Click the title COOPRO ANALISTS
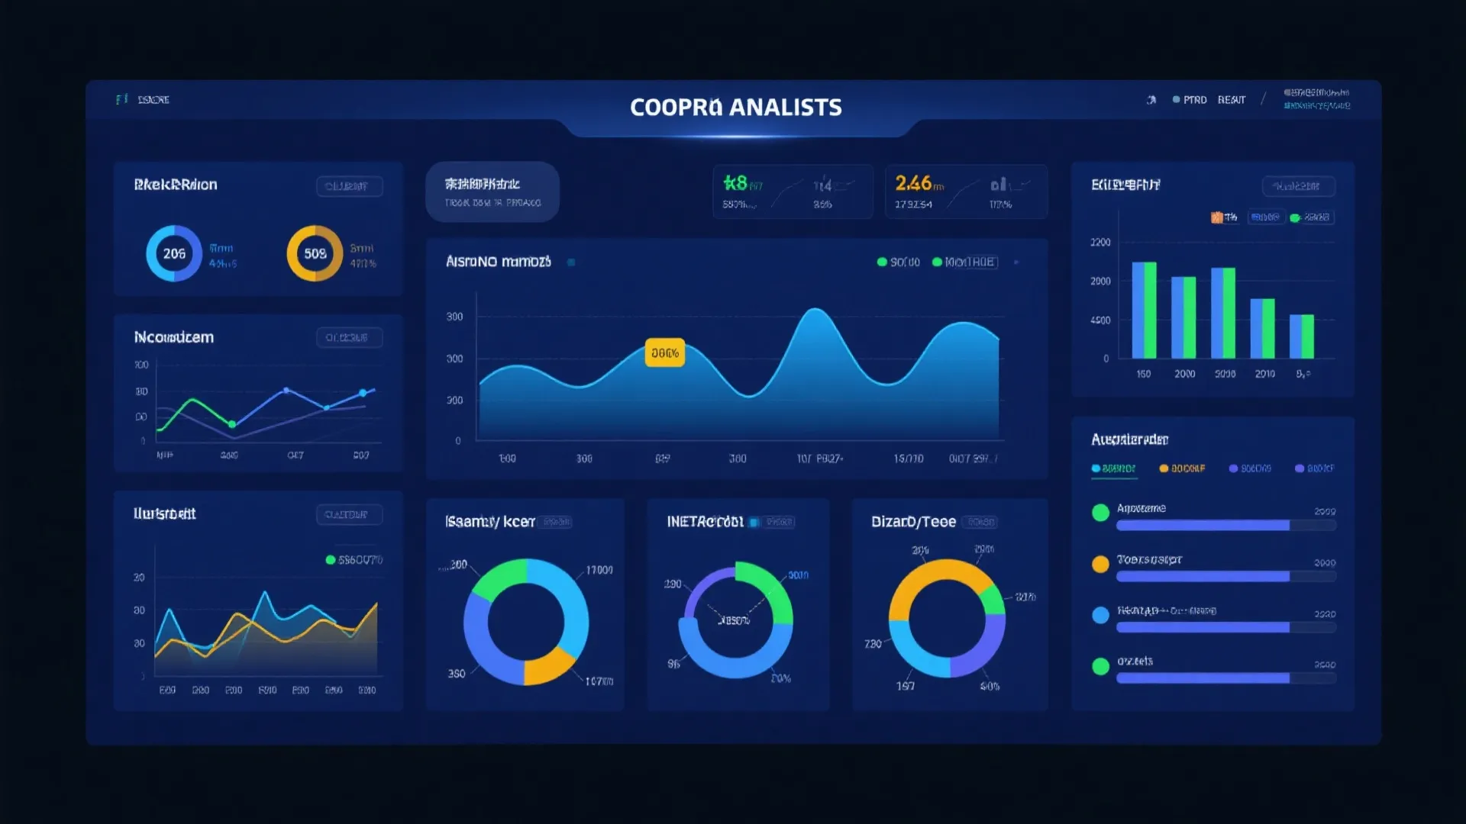point(735,108)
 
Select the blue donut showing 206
point(174,253)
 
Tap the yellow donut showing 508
point(315,253)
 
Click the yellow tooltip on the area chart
point(664,353)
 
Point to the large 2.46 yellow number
point(913,183)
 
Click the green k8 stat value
point(735,183)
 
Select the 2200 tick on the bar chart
point(1100,243)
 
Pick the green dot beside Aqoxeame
point(1100,513)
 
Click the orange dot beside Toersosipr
point(1100,564)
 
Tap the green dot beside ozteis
point(1100,666)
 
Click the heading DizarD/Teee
point(913,522)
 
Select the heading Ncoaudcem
point(174,337)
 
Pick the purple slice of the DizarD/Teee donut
point(985,649)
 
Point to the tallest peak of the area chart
point(815,310)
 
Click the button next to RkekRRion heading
point(349,186)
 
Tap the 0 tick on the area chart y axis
point(458,441)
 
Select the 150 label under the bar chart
point(1143,374)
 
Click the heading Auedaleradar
point(1129,439)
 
